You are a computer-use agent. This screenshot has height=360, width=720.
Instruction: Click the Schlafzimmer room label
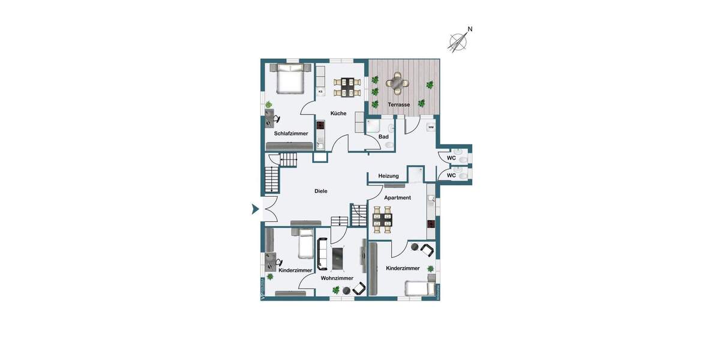pyautogui.click(x=291, y=133)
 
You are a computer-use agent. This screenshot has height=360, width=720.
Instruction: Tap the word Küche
pyautogui.click(x=338, y=113)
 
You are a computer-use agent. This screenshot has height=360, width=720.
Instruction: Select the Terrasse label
pyautogui.click(x=398, y=104)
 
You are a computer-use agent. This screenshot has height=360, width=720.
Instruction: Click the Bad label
pyautogui.click(x=383, y=137)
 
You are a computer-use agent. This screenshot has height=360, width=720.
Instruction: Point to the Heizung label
pyautogui.click(x=388, y=176)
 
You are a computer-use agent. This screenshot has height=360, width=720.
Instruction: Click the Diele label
pyautogui.click(x=321, y=191)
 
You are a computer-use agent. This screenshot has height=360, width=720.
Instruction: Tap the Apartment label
pyautogui.click(x=398, y=197)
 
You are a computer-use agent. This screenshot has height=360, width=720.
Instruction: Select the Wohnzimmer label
pyautogui.click(x=337, y=278)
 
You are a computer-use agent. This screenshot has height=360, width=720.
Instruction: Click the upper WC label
pyautogui.click(x=451, y=158)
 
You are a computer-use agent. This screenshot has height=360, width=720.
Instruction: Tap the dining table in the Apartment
pyautogui.click(x=382, y=220)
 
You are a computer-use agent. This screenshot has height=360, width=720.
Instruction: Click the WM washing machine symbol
pyautogui.click(x=431, y=127)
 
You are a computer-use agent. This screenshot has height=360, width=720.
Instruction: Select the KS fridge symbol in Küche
pyautogui.click(x=320, y=91)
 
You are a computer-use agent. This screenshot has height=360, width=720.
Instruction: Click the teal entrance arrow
pyautogui.click(x=255, y=209)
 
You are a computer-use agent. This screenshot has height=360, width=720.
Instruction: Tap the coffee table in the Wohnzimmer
pyautogui.click(x=338, y=258)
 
